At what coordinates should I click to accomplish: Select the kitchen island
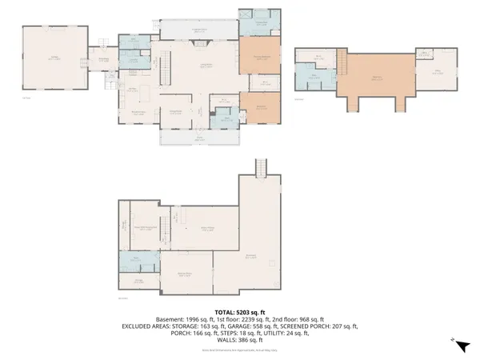click(x=146, y=87)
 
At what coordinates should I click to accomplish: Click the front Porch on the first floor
click(x=200, y=137)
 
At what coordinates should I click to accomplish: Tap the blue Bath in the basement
click(x=138, y=261)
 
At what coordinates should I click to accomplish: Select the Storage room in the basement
click(x=138, y=282)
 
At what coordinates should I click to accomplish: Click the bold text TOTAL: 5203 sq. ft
click(x=239, y=311)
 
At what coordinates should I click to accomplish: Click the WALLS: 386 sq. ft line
click(x=239, y=340)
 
